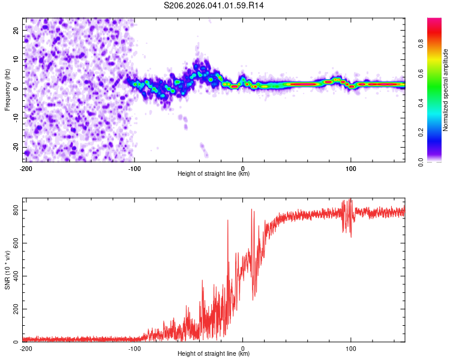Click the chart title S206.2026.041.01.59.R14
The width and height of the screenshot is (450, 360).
point(214,5)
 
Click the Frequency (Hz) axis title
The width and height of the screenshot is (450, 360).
point(7,90)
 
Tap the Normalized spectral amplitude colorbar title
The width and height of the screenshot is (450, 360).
point(445,90)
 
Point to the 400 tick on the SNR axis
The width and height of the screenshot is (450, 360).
point(14,276)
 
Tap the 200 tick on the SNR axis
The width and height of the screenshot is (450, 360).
point(14,309)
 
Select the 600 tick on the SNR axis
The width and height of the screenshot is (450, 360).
point(14,243)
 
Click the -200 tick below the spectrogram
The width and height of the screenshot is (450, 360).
point(25,169)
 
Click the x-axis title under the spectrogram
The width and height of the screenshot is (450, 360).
point(214,174)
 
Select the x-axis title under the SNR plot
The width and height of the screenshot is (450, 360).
point(214,354)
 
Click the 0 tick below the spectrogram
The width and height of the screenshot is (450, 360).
point(242,169)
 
